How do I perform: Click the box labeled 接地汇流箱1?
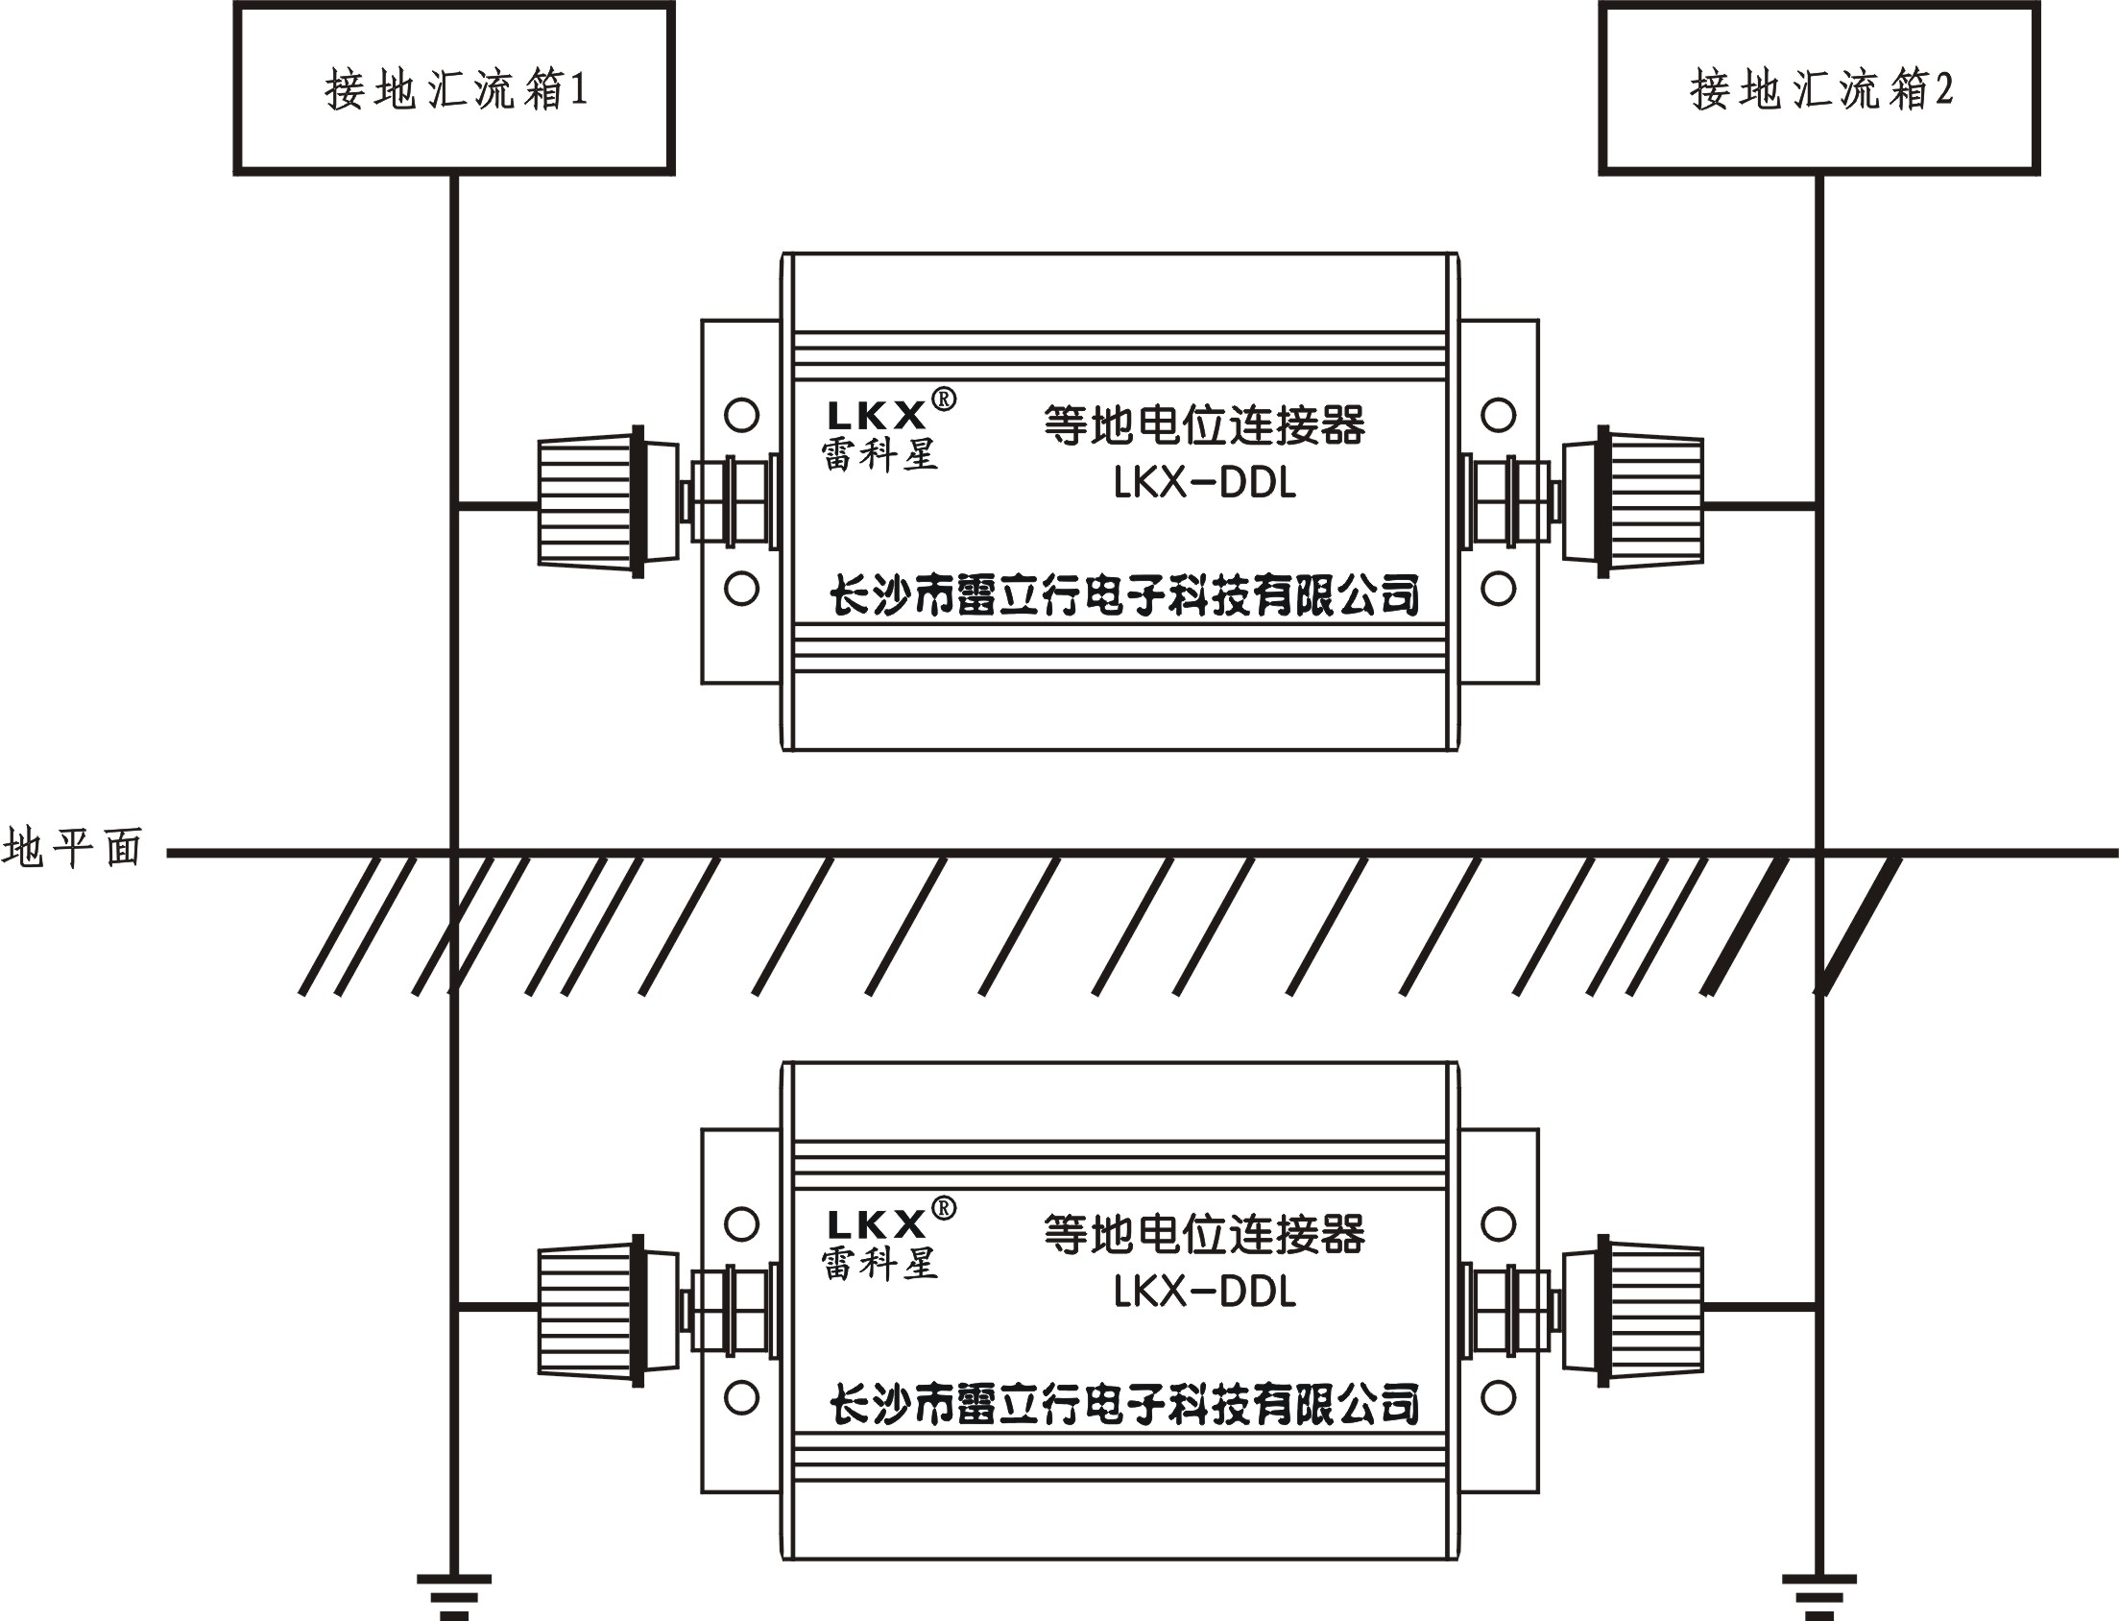point(453,88)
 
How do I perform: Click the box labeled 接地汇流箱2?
point(1819,88)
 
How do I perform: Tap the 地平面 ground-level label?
point(72,848)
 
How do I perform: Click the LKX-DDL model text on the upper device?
point(1205,483)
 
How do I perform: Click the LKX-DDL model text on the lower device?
point(1205,1292)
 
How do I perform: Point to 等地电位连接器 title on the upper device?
point(1205,425)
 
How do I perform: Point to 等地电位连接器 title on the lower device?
point(1205,1234)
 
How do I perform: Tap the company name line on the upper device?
point(1123,595)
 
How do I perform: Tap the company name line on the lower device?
point(1123,1404)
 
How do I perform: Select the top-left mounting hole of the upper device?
point(740,416)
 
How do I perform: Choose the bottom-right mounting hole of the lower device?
point(1498,1397)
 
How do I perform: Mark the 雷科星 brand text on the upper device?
point(879,455)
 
